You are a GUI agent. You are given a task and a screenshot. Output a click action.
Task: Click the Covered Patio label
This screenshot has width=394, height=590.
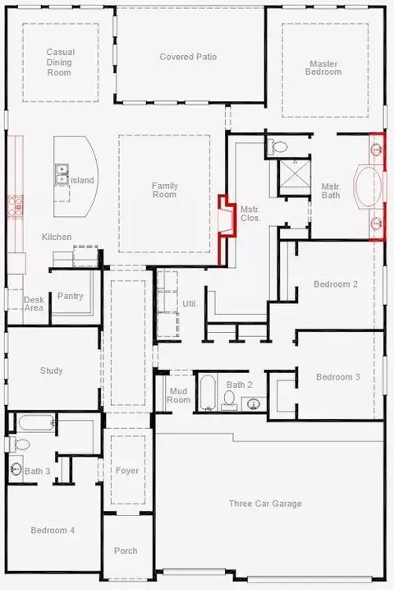pyautogui.click(x=188, y=57)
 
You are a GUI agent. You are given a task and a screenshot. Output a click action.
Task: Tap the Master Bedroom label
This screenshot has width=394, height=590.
pyautogui.click(x=323, y=67)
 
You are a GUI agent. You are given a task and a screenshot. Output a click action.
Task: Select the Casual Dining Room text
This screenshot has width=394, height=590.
pyautogui.click(x=60, y=62)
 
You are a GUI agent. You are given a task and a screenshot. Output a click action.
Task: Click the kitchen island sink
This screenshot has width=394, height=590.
pyautogui.click(x=62, y=174)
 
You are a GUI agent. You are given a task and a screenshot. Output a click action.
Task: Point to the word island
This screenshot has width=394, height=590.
pyautogui.click(x=82, y=180)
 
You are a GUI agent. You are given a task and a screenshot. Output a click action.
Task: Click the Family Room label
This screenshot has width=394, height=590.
pyautogui.click(x=164, y=190)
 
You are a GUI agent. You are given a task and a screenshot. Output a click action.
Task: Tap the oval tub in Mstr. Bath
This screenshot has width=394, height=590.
pyautogui.click(x=368, y=187)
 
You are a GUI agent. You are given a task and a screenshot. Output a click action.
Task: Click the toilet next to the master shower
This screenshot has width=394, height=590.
pyautogui.click(x=277, y=146)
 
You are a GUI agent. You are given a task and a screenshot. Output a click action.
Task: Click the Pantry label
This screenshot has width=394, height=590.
pyautogui.click(x=71, y=296)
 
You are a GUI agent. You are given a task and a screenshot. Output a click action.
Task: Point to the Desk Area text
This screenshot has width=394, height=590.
pyautogui.click(x=34, y=304)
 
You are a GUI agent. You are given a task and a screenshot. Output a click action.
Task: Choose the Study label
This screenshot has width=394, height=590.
pyautogui.click(x=52, y=371)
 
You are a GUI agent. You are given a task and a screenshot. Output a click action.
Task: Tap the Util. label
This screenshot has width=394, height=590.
pyautogui.click(x=190, y=304)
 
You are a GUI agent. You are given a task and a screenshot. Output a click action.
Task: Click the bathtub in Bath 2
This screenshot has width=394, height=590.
pyautogui.click(x=207, y=393)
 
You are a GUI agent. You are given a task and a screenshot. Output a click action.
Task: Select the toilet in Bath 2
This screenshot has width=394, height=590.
pyautogui.click(x=228, y=400)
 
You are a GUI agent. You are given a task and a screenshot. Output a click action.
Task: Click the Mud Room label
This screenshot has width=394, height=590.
pyautogui.click(x=179, y=395)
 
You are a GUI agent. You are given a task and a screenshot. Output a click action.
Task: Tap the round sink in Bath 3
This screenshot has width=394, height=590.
pyautogui.click(x=16, y=469)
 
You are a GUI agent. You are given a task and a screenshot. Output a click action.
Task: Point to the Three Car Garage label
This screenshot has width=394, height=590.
pyautogui.click(x=265, y=504)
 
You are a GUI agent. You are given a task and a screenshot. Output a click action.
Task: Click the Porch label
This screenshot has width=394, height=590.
pyautogui.click(x=126, y=551)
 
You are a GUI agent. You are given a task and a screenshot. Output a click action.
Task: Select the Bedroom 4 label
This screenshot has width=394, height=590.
pyautogui.click(x=53, y=530)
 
